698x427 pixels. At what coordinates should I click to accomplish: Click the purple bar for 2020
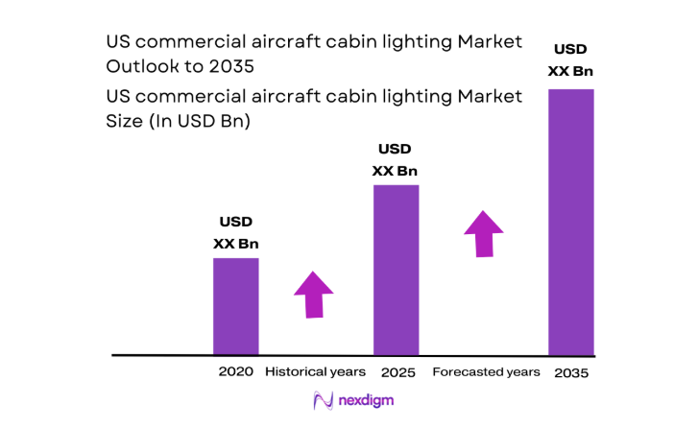point(235,306)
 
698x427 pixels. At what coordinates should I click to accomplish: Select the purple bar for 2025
point(396,270)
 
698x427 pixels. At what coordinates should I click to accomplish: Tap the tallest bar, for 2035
point(570,222)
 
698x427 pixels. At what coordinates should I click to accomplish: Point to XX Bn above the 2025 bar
point(396,171)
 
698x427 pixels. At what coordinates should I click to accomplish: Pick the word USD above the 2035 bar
point(570,49)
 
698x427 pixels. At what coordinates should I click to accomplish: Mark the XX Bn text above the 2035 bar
point(570,71)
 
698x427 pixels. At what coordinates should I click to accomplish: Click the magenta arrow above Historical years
point(313,294)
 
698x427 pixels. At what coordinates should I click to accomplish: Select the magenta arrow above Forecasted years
point(483,234)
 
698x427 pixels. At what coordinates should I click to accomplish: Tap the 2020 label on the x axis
point(235,371)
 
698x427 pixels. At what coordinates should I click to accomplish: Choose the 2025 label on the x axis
point(396,371)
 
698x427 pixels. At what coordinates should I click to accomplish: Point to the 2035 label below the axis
point(570,372)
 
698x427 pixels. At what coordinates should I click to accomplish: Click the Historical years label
point(315,371)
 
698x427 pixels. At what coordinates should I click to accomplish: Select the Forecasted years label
point(486,371)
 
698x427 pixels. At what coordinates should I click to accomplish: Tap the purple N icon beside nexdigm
point(323,401)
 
